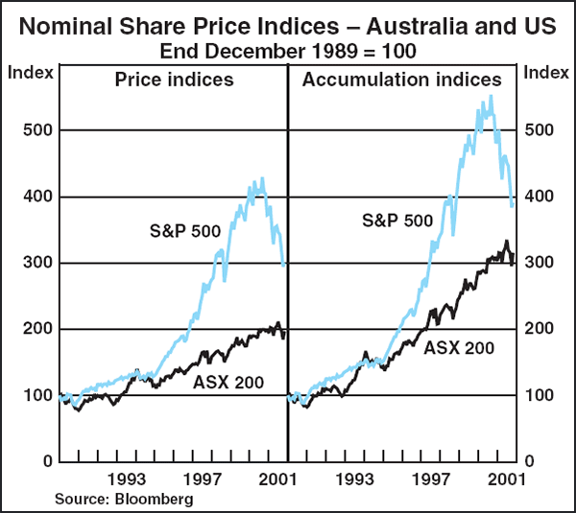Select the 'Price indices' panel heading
[x=174, y=80]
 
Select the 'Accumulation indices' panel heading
[x=401, y=80]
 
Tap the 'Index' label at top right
[x=547, y=72]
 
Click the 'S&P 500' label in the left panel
[x=185, y=230]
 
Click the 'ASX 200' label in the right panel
[x=460, y=348]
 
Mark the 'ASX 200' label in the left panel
[x=228, y=384]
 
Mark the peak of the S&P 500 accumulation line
[x=491, y=96]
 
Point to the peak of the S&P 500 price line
[x=261, y=178]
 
